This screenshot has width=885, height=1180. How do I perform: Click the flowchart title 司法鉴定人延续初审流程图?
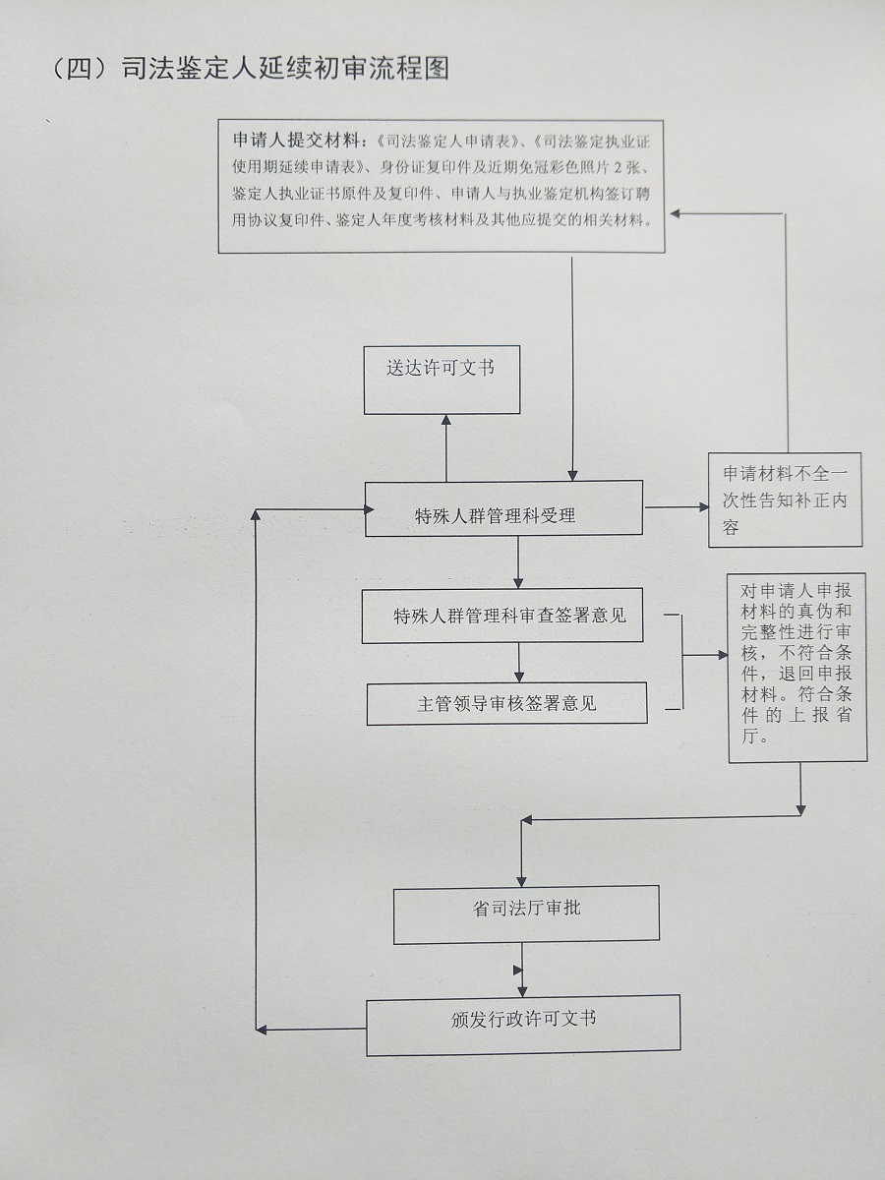tap(285, 69)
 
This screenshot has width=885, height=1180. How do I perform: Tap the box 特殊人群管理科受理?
tap(503, 509)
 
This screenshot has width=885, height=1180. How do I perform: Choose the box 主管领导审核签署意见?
tap(506, 704)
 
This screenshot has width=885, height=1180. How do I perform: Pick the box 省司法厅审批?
tap(526, 915)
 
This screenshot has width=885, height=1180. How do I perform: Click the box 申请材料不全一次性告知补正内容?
tap(785, 501)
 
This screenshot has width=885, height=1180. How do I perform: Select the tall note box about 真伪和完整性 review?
tap(796, 668)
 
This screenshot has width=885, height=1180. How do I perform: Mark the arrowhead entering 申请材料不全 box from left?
tap(703, 507)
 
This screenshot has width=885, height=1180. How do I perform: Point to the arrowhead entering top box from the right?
tap(675, 211)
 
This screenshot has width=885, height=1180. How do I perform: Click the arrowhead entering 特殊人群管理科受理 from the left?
tap(368, 509)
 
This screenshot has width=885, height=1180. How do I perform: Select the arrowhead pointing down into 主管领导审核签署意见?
tap(518, 678)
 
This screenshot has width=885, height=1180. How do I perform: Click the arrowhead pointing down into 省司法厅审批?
tap(520, 880)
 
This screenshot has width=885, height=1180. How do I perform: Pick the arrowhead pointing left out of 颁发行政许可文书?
tap(261, 1029)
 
